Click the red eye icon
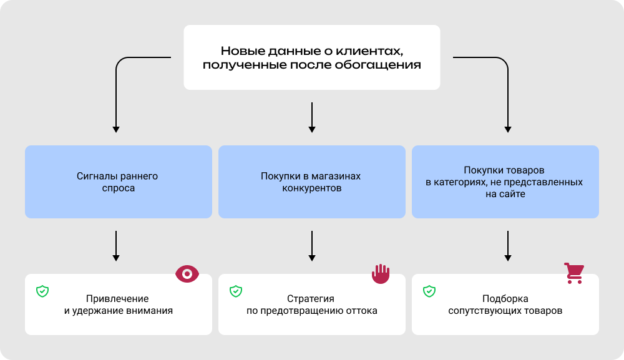pos(187,273)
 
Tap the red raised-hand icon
pos(381,273)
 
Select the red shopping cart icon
pos(573,273)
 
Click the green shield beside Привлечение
pos(42,291)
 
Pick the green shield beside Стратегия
pos(236,291)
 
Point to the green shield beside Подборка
pos(429,291)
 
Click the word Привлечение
pos(119,298)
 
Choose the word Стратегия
pos(311,298)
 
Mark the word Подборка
pos(505,298)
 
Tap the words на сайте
pos(505,194)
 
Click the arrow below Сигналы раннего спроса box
pos(116,246)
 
